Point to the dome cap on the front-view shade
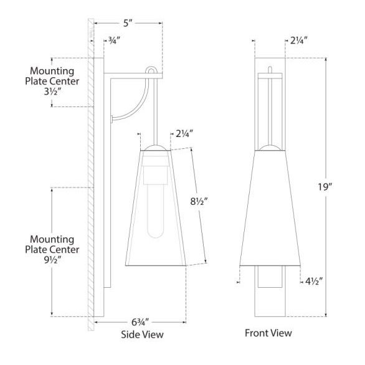271,147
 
